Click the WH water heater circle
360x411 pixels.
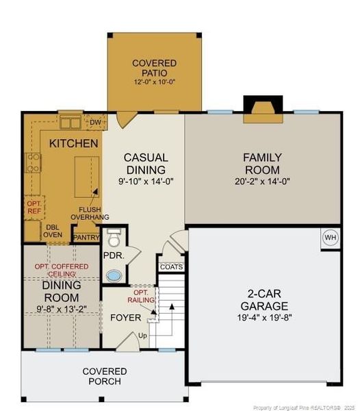tap(331, 238)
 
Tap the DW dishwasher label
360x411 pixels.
tap(95, 122)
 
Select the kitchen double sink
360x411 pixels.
tap(70, 123)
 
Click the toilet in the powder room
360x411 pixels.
tap(114, 238)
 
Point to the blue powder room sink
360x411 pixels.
tap(114, 276)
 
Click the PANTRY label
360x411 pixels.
tap(86, 238)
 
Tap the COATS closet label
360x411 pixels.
tap(172, 267)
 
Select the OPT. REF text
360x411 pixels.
tap(34, 207)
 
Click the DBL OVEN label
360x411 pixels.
tap(53, 231)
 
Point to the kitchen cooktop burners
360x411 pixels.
tap(34, 163)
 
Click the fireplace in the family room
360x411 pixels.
tap(263, 110)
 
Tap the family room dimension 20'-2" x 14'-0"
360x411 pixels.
tap(262, 182)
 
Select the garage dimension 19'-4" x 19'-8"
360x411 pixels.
tap(264, 317)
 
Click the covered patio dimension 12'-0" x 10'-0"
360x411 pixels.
tap(155, 82)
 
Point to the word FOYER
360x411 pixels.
tap(126, 318)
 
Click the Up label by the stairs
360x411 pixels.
tap(142, 336)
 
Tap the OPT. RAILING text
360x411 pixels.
tap(141, 296)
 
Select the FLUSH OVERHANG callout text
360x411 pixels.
tap(90, 213)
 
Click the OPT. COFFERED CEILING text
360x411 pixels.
tap(62, 271)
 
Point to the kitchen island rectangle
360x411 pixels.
tap(87, 177)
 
